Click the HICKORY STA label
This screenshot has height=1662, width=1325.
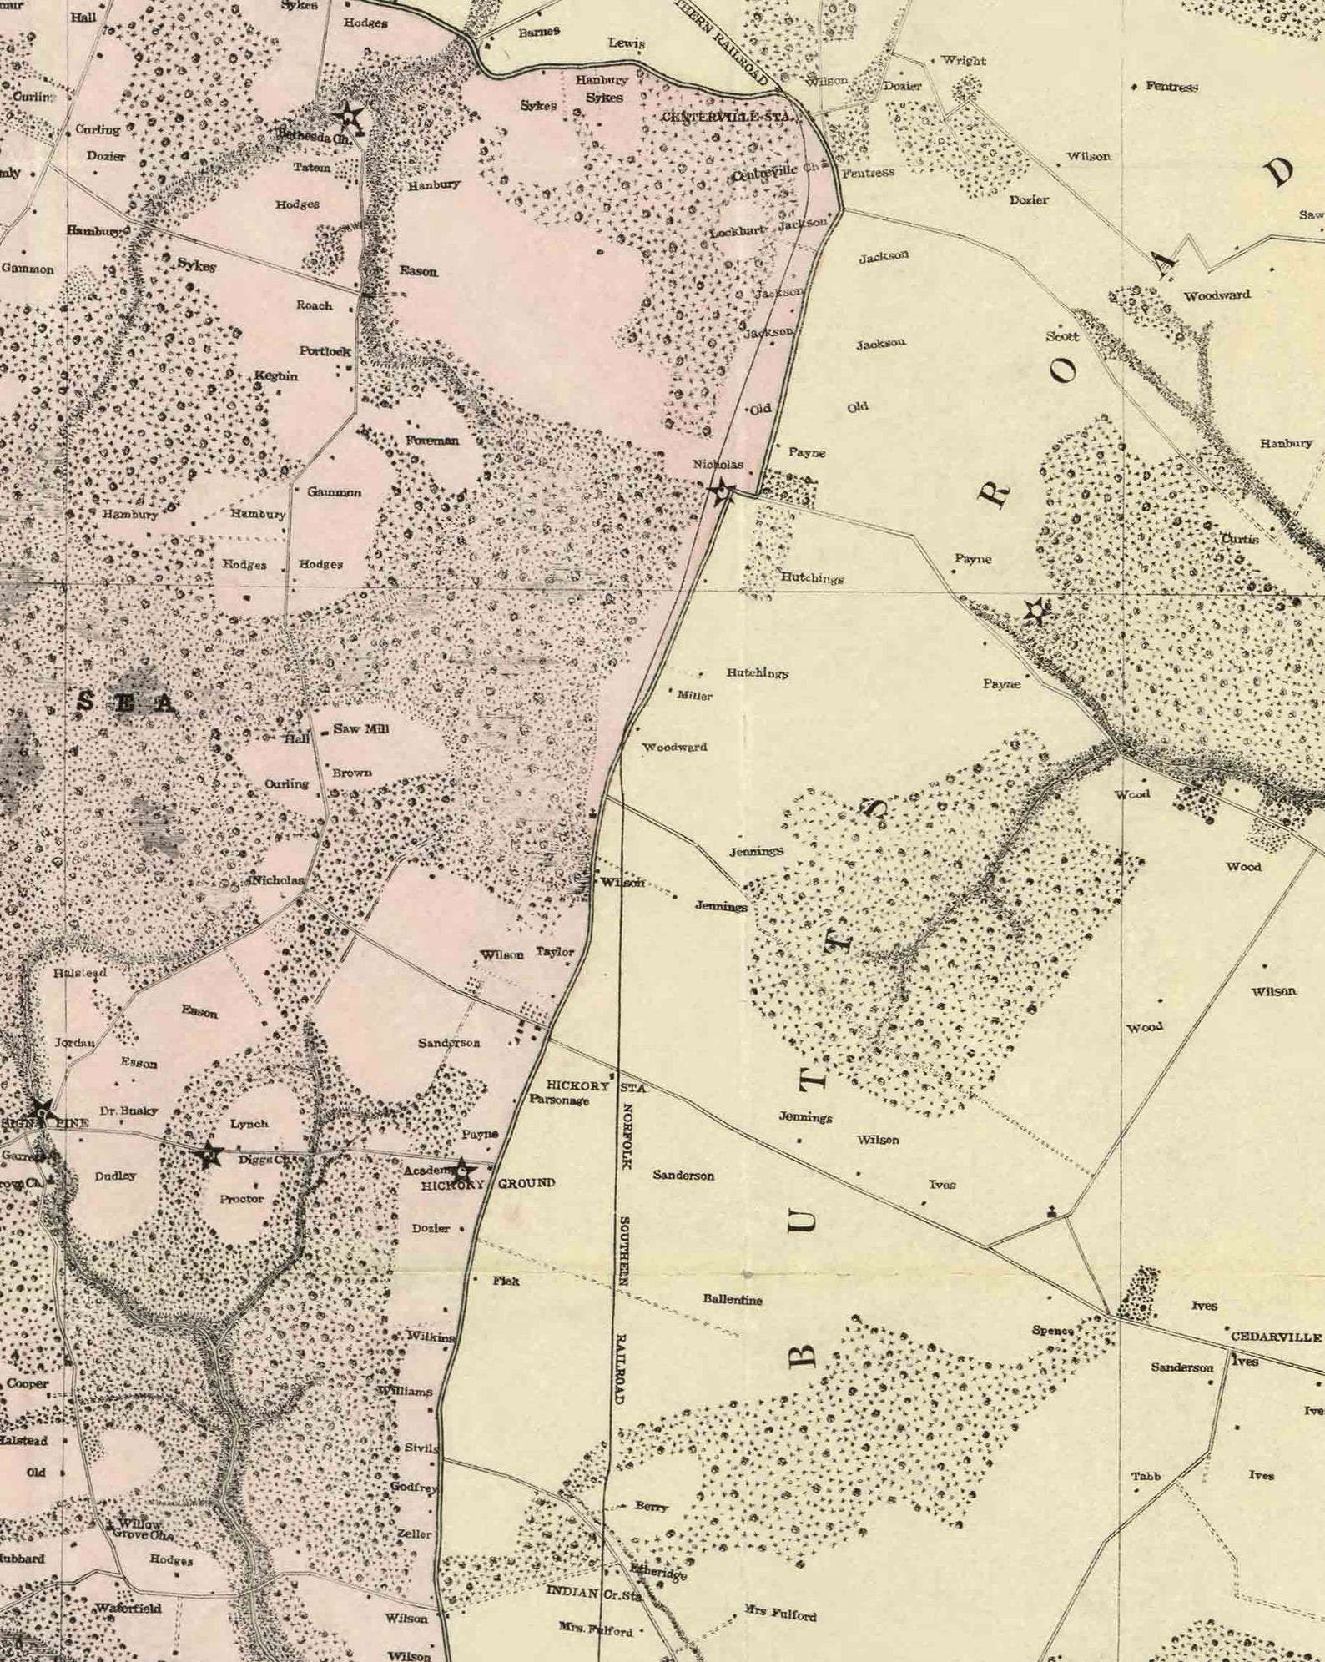[x=596, y=1085]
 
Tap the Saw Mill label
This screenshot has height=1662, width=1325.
[x=360, y=728]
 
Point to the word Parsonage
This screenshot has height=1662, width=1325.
[x=559, y=1100]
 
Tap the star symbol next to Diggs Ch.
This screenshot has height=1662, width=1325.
[x=208, y=1156]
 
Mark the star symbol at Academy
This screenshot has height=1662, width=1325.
[x=461, y=1170]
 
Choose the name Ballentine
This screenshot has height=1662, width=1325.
[x=733, y=1299]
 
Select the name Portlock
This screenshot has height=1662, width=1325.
[x=325, y=351]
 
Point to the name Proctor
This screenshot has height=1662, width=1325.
[x=242, y=1198]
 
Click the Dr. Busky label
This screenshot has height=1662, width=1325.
[x=128, y=1111]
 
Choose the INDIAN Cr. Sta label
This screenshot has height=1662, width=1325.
[x=593, y=1593]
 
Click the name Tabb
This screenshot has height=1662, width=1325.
[x=1146, y=1476]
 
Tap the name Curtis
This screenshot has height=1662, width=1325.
[x=1239, y=539]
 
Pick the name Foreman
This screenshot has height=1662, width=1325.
[x=432, y=440]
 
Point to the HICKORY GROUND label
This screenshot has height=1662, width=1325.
[x=487, y=1183]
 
